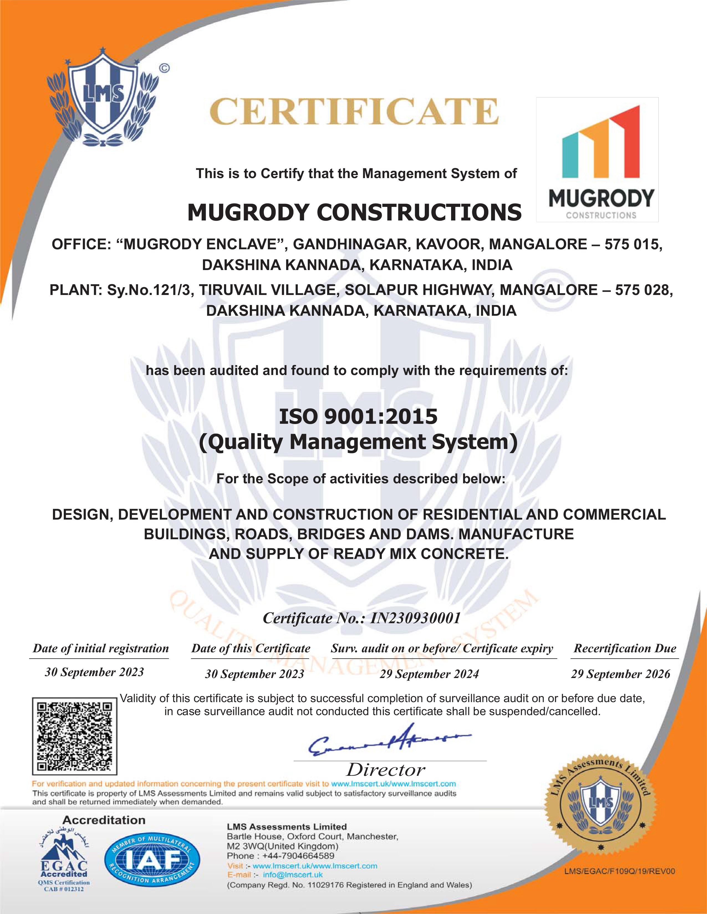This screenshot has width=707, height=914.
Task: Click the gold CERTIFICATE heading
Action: tap(354, 112)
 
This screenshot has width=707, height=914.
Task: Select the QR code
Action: tap(75, 736)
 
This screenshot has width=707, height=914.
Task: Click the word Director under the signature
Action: tap(386, 770)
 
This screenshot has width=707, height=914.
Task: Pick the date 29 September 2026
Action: tap(620, 674)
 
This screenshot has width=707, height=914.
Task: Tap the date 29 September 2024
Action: tap(429, 674)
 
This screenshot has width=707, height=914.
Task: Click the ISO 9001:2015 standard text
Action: tap(358, 417)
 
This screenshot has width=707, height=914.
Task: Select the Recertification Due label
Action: tap(625, 648)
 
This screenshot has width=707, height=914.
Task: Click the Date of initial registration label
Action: tap(101, 648)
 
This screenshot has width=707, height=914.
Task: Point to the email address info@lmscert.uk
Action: tap(293, 875)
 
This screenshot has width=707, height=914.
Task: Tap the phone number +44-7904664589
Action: tap(298, 856)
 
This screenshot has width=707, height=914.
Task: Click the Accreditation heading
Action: tap(104, 820)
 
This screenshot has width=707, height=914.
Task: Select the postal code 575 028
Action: tap(643, 290)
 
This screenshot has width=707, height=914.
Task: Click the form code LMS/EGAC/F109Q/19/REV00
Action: tap(619, 871)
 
